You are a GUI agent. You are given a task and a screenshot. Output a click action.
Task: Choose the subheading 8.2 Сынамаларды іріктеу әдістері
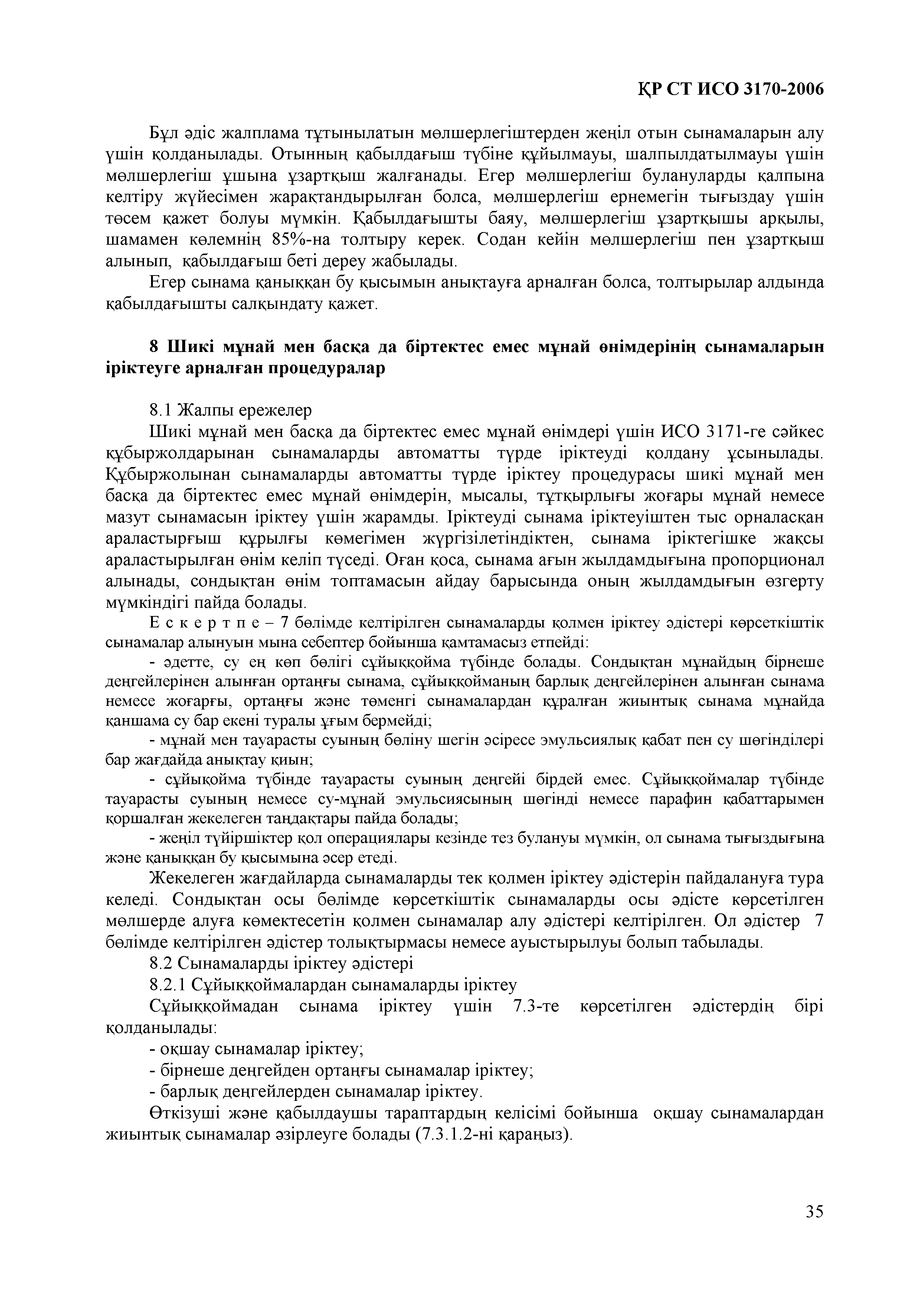(281, 963)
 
